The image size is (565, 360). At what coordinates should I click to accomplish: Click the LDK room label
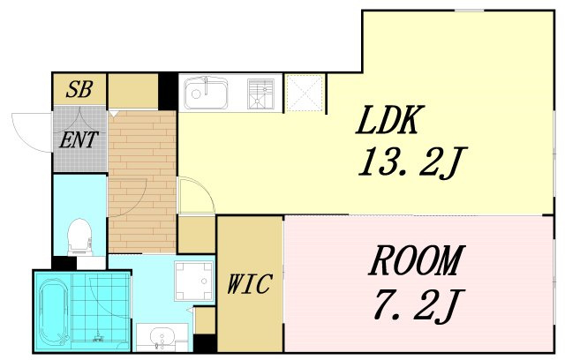coord(388,120)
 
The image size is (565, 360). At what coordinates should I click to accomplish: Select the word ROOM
coord(416,260)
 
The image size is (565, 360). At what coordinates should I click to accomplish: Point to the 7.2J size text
coord(418,305)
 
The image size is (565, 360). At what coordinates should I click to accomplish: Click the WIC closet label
coord(249,284)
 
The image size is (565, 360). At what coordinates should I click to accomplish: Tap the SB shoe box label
coord(79,89)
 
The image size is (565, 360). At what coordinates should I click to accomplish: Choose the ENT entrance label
coord(79,139)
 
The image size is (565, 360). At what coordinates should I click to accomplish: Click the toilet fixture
coord(79,236)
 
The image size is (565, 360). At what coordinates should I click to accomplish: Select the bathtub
coord(54,311)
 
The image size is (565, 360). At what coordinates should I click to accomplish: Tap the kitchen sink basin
coord(206,94)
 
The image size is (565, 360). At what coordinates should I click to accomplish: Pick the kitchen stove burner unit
coord(260,94)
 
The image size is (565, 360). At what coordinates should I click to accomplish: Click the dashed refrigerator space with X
coord(305,94)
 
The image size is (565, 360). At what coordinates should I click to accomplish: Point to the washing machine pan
coord(193,281)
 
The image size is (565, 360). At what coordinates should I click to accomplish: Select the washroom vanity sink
coord(162,337)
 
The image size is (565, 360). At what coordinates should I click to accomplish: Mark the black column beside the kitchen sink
coord(168,92)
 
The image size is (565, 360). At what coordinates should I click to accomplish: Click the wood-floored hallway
coord(142,182)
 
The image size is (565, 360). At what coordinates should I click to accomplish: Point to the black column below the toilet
coord(64,263)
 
